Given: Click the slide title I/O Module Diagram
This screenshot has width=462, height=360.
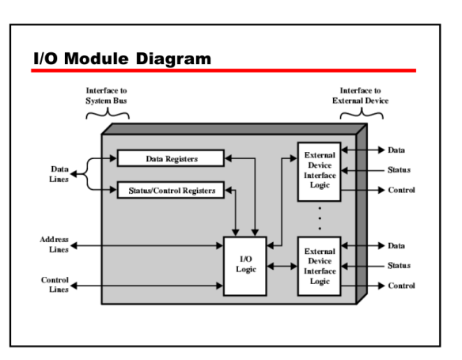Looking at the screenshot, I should coord(122,59).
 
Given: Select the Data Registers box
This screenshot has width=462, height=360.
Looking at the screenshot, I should coord(171,158).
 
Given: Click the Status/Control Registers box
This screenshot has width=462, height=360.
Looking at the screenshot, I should coord(171,190).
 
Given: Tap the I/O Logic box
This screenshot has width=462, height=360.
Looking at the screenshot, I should coord(246,266).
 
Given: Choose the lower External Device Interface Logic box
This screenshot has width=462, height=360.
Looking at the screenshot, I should coord(320,266).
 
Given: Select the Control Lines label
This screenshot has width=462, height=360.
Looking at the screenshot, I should coord(55,285).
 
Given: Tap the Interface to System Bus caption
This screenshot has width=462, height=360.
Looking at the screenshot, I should coord(107,96).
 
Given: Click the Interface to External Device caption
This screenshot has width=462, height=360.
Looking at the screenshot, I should coord(360,96).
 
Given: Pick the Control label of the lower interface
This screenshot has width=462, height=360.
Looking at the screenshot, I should coord(401,285).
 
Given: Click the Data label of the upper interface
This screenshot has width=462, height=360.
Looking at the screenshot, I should coord(396,150).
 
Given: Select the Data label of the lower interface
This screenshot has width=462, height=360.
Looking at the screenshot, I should coord(396,246).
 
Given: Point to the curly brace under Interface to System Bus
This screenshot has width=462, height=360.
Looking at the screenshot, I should coord(108,115).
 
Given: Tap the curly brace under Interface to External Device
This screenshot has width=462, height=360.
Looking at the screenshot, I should coord(361,115).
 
